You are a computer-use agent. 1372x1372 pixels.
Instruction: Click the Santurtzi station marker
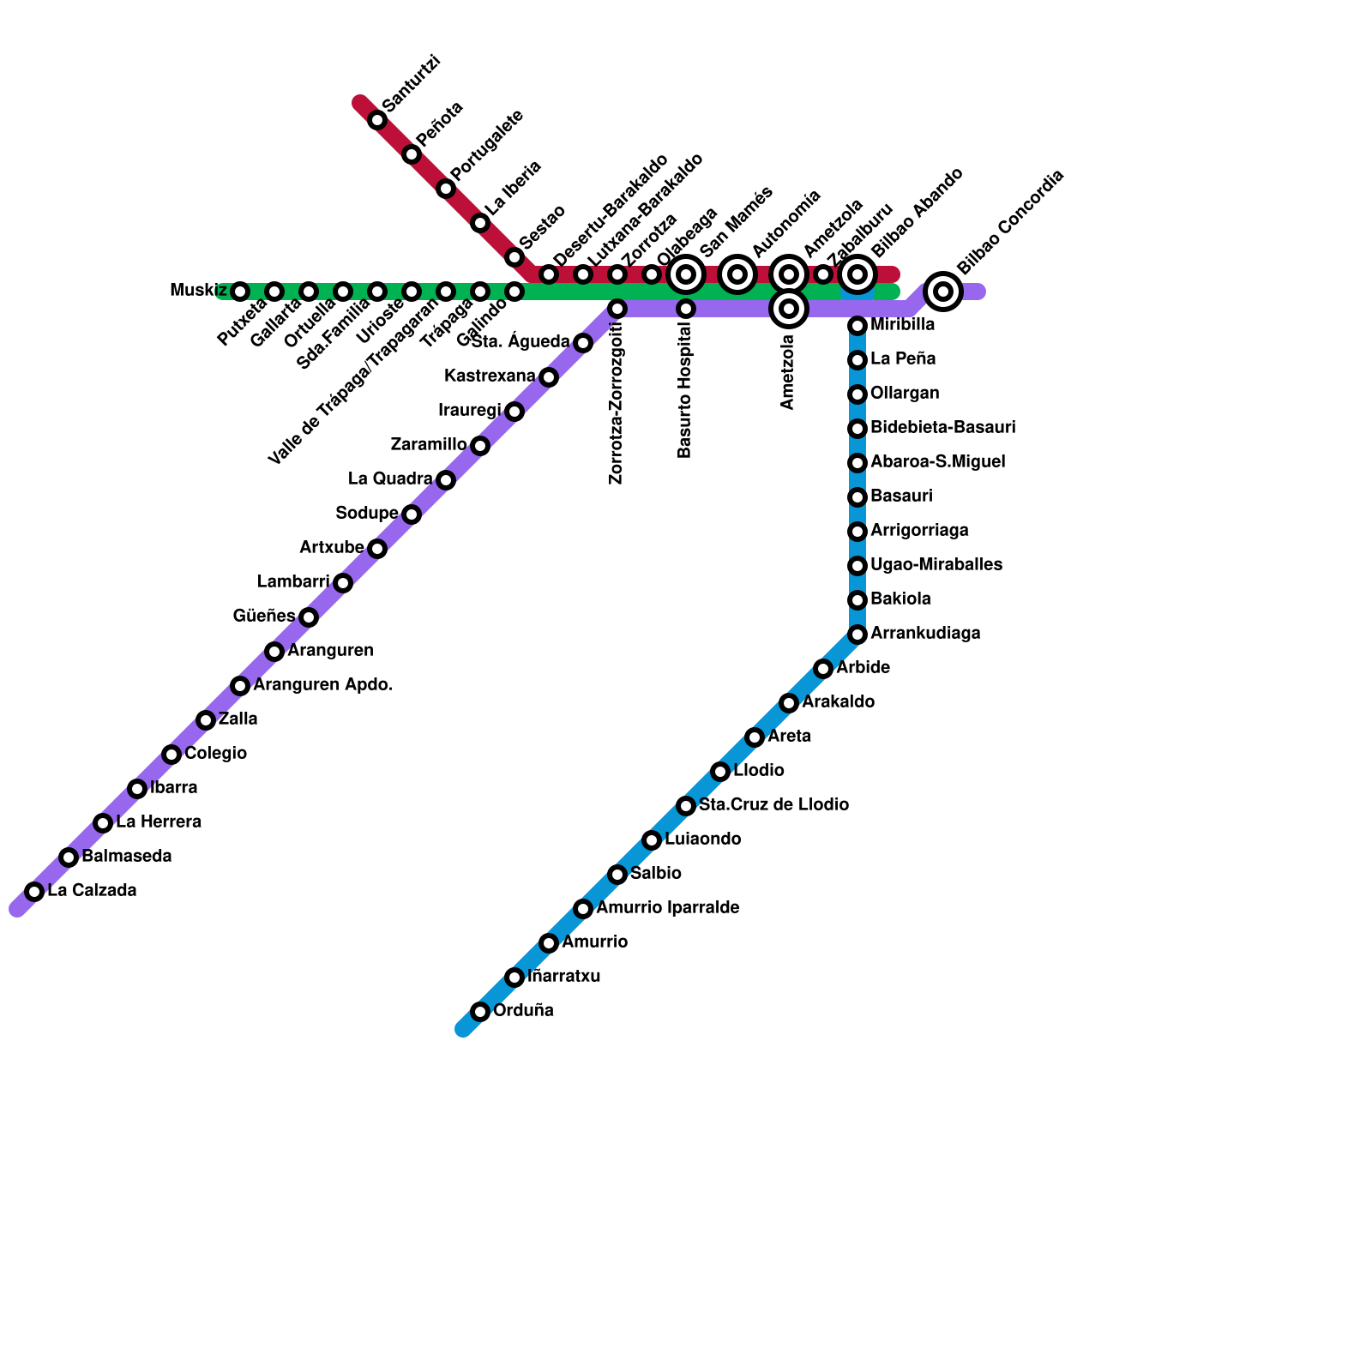click(377, 120)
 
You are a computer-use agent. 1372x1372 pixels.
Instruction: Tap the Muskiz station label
click(198, 291)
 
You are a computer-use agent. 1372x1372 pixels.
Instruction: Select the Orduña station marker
click(480, 1012)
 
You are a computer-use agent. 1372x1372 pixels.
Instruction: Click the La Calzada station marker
click(34, 892)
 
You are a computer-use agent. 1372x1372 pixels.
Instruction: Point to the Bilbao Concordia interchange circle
click(943, 292)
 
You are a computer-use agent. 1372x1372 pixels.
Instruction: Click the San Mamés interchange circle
click(686, 274)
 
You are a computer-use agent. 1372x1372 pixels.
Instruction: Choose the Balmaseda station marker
click(69, 857)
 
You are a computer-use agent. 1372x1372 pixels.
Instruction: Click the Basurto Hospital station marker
click(686, 309)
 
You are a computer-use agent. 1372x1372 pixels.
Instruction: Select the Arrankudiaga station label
click(925, 634)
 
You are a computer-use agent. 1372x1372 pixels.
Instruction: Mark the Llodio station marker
click(720, 772)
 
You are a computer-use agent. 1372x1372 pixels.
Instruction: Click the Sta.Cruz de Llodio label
click(773, 805)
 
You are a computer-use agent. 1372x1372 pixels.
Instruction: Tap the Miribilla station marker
click(857, 326)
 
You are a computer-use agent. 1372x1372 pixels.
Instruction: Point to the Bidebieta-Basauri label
click(942, 428)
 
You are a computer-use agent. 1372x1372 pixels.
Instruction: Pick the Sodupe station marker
click(412, 514)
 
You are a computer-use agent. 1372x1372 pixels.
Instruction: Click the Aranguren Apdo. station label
click(322, 685)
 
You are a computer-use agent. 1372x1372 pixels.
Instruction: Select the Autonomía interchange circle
click(737, 274)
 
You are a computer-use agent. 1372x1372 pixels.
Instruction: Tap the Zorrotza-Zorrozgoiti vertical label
click(616, 403)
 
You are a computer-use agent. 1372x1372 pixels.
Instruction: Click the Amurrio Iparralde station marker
click(583, 909)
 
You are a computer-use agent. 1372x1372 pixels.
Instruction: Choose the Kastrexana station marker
click(549, 377)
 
